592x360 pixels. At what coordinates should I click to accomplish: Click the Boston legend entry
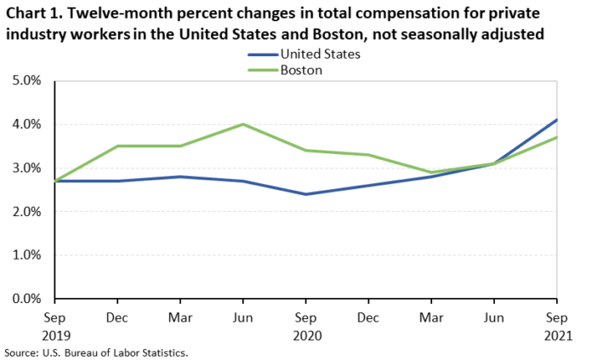click(285, 71)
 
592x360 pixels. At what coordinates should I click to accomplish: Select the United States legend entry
click(304, 54)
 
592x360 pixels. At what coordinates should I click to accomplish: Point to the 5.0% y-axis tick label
click(26, 81)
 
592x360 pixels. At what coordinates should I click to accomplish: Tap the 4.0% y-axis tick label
click(26, 124)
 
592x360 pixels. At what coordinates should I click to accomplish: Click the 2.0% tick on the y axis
click(26, 212)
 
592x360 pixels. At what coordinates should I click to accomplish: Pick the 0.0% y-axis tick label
click(26, 299)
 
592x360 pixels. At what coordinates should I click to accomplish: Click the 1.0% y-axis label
click(26, 255)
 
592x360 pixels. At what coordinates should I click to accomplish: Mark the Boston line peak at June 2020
click(242, 124)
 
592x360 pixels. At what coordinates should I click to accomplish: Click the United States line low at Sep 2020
click(305, 194)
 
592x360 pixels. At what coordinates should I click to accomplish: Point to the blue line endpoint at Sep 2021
click(556, 120)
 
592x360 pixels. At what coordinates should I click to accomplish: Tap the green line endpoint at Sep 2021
click(556, 137)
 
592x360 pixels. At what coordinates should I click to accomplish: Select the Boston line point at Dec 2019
click(117, 146)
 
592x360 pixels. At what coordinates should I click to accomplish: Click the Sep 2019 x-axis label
click(55, 326)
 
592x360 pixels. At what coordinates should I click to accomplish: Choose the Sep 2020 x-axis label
click(306, 326)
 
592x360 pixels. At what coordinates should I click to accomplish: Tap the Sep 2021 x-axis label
click(558, 326)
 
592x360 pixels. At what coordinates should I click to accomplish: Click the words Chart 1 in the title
click(34, 14)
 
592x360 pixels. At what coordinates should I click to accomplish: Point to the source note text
click(96, 353)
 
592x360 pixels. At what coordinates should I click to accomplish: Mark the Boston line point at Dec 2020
click(368, 155)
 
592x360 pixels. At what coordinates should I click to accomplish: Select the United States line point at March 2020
click(180, 176)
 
